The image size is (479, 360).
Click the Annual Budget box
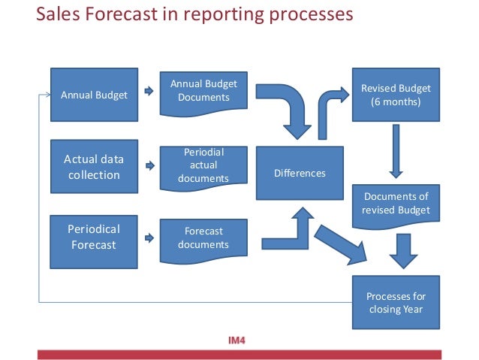[x=94, y=95]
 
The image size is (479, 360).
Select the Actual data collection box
[x=94, y=168]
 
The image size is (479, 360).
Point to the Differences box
[x=300, y=173]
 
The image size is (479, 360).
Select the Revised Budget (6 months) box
[x=396, y=95]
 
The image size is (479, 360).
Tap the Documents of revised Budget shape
[x=396, y=203]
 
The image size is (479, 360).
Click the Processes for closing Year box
[x=396, y=301]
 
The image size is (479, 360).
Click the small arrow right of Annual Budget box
[x=149, y=94]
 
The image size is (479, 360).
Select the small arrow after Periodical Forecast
[x=149, y=237]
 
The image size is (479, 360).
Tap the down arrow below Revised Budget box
[x=396, y=152]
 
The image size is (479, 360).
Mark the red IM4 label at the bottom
[x=236, y=340]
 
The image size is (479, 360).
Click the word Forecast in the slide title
[x=121, y=15]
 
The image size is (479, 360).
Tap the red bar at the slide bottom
[x=239, y=354]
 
